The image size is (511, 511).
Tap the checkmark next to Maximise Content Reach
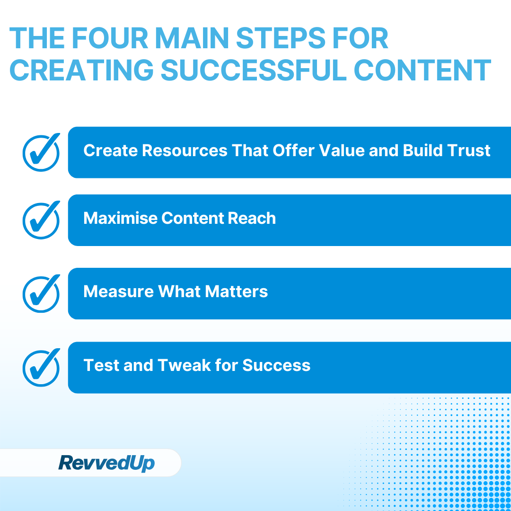pos(41,220)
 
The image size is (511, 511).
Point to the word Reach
pos(252,218)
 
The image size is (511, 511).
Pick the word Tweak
pos(182,365)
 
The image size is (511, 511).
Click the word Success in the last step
pos(276,365)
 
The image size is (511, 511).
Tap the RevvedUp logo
pos(106,463)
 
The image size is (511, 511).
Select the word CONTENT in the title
pos(423,70)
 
